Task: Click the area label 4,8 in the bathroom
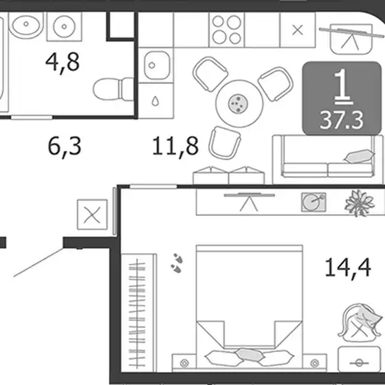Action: (63, 63)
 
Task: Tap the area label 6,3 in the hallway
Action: (65, 146)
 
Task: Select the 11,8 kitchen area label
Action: (175, 146)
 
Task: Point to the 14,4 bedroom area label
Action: (348, 267)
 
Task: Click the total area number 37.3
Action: (342, 120)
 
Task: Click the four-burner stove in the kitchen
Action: (227, 30)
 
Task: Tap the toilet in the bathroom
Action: (113, 89)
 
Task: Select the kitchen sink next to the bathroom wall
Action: (157, 65)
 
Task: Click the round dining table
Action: (239, 103)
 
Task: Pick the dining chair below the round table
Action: (224, 143)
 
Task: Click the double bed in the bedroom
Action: (249, 307)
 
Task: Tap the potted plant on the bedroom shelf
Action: (360, 203)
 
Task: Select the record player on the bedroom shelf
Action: (313, 202)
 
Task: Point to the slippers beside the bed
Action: (177, 263)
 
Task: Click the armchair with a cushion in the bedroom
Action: (360, 324)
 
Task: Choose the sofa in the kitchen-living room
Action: (328, 159)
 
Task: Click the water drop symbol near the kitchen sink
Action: (155, 101)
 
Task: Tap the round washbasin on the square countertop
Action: (64, 27)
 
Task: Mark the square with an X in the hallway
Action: (92, 214)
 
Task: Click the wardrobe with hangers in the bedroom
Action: (139, 313)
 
